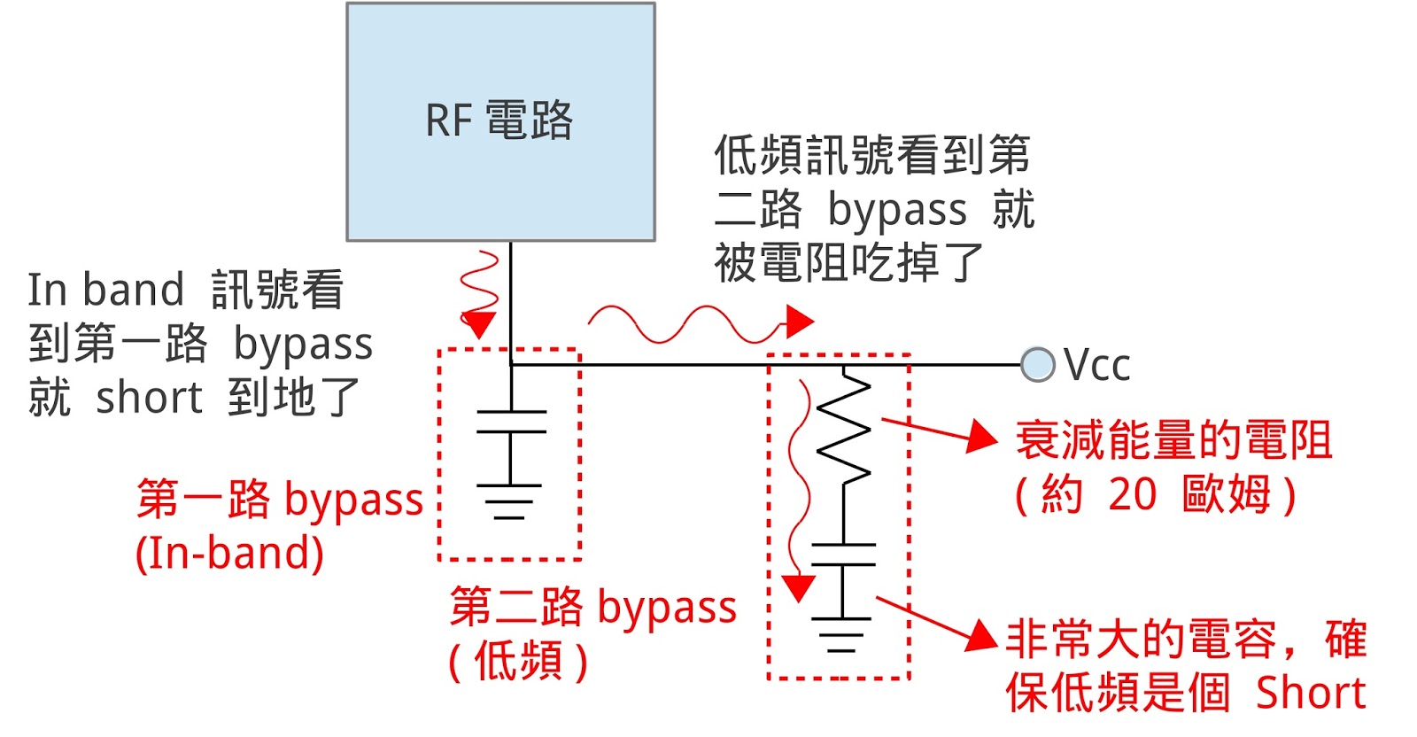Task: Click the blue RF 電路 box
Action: click(500, 121)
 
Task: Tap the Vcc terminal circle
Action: click(1037, 364)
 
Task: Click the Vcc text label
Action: click(1097, 365)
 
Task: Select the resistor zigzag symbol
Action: click(843, 427)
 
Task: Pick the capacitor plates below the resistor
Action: click(843, 555)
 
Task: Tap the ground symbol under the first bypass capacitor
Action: click(510, 500)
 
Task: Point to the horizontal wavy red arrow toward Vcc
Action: click(700, 324)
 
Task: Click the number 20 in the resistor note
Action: click(1132, 494)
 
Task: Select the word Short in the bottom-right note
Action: click(1311, 693)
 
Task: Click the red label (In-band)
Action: click(229, 554)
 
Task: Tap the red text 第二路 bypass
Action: click(592, 608)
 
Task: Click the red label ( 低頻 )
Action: click(518, 661)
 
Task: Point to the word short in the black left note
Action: click(149, 398)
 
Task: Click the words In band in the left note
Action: click(105, 290)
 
